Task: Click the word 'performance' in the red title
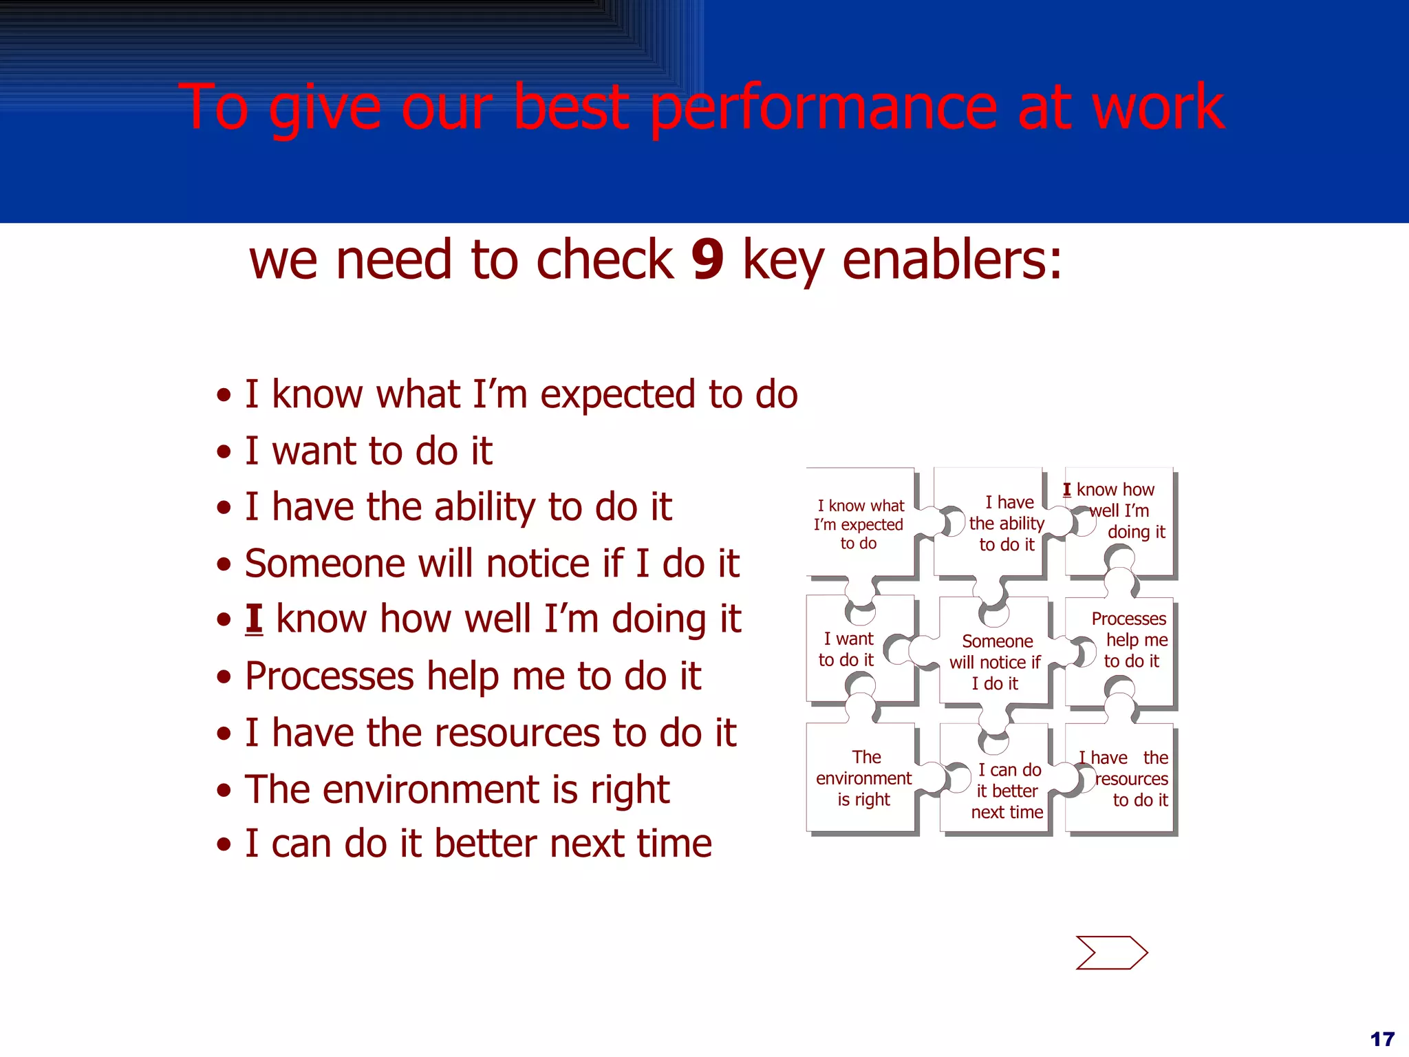tap(824, 108)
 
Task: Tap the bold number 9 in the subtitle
tap(707, 260)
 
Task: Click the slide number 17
tap(1381, 1039)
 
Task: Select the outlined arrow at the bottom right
tap(1111, 953)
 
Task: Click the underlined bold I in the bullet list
tap(254, 619)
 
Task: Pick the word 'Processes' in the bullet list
tap(329, 676)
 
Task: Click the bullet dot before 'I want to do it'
tap(224, 452)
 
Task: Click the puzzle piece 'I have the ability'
tap(1006, 524)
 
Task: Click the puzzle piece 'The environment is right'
tap(863, 778)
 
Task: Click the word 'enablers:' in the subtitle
tap(951, 260)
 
